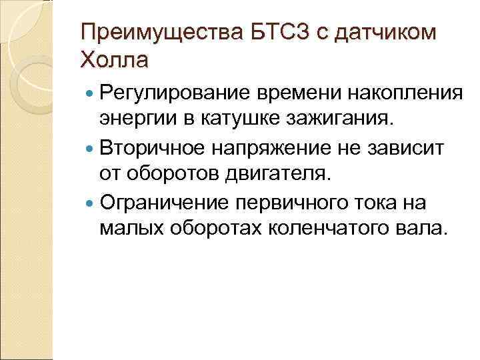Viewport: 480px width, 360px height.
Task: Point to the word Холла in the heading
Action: coord(115,61)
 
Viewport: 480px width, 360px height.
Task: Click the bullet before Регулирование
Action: coord(87,93)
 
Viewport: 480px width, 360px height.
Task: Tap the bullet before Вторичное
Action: coord(87,148)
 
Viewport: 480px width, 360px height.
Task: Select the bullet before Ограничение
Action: coord(87,203)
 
